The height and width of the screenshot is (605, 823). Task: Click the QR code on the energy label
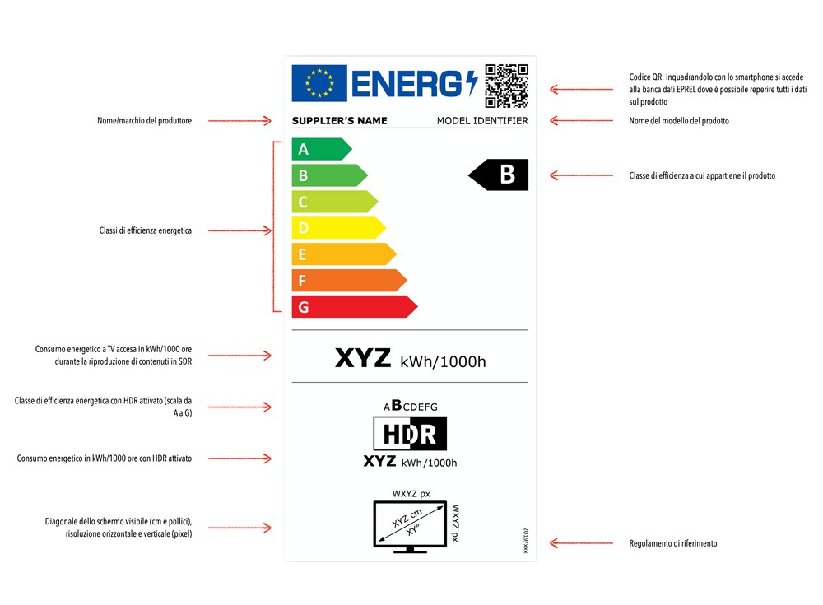tap(505, 85)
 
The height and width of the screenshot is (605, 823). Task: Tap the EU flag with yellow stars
tap(319, 83)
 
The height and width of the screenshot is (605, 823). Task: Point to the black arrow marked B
tap(499, 175)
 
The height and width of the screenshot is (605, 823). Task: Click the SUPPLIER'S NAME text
tap(339, 121)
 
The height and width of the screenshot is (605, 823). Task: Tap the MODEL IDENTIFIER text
tap(482, 121)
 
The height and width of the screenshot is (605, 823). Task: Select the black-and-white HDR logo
tap(410, 433)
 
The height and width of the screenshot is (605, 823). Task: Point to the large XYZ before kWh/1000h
tap(363, 358)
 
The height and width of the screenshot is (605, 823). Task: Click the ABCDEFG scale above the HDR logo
tap(410, 406)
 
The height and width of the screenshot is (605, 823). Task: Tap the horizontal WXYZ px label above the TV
tap(411, 494)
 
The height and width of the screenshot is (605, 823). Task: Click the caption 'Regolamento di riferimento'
tap(672, 543)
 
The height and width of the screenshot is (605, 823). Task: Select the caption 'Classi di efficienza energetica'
tap(145, 231)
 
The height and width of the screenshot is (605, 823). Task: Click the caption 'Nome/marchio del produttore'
tap(144, 121)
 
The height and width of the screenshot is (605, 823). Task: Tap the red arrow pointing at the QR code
tap(567, 89)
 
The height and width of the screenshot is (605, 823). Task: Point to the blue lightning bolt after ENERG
tap(471, 83)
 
